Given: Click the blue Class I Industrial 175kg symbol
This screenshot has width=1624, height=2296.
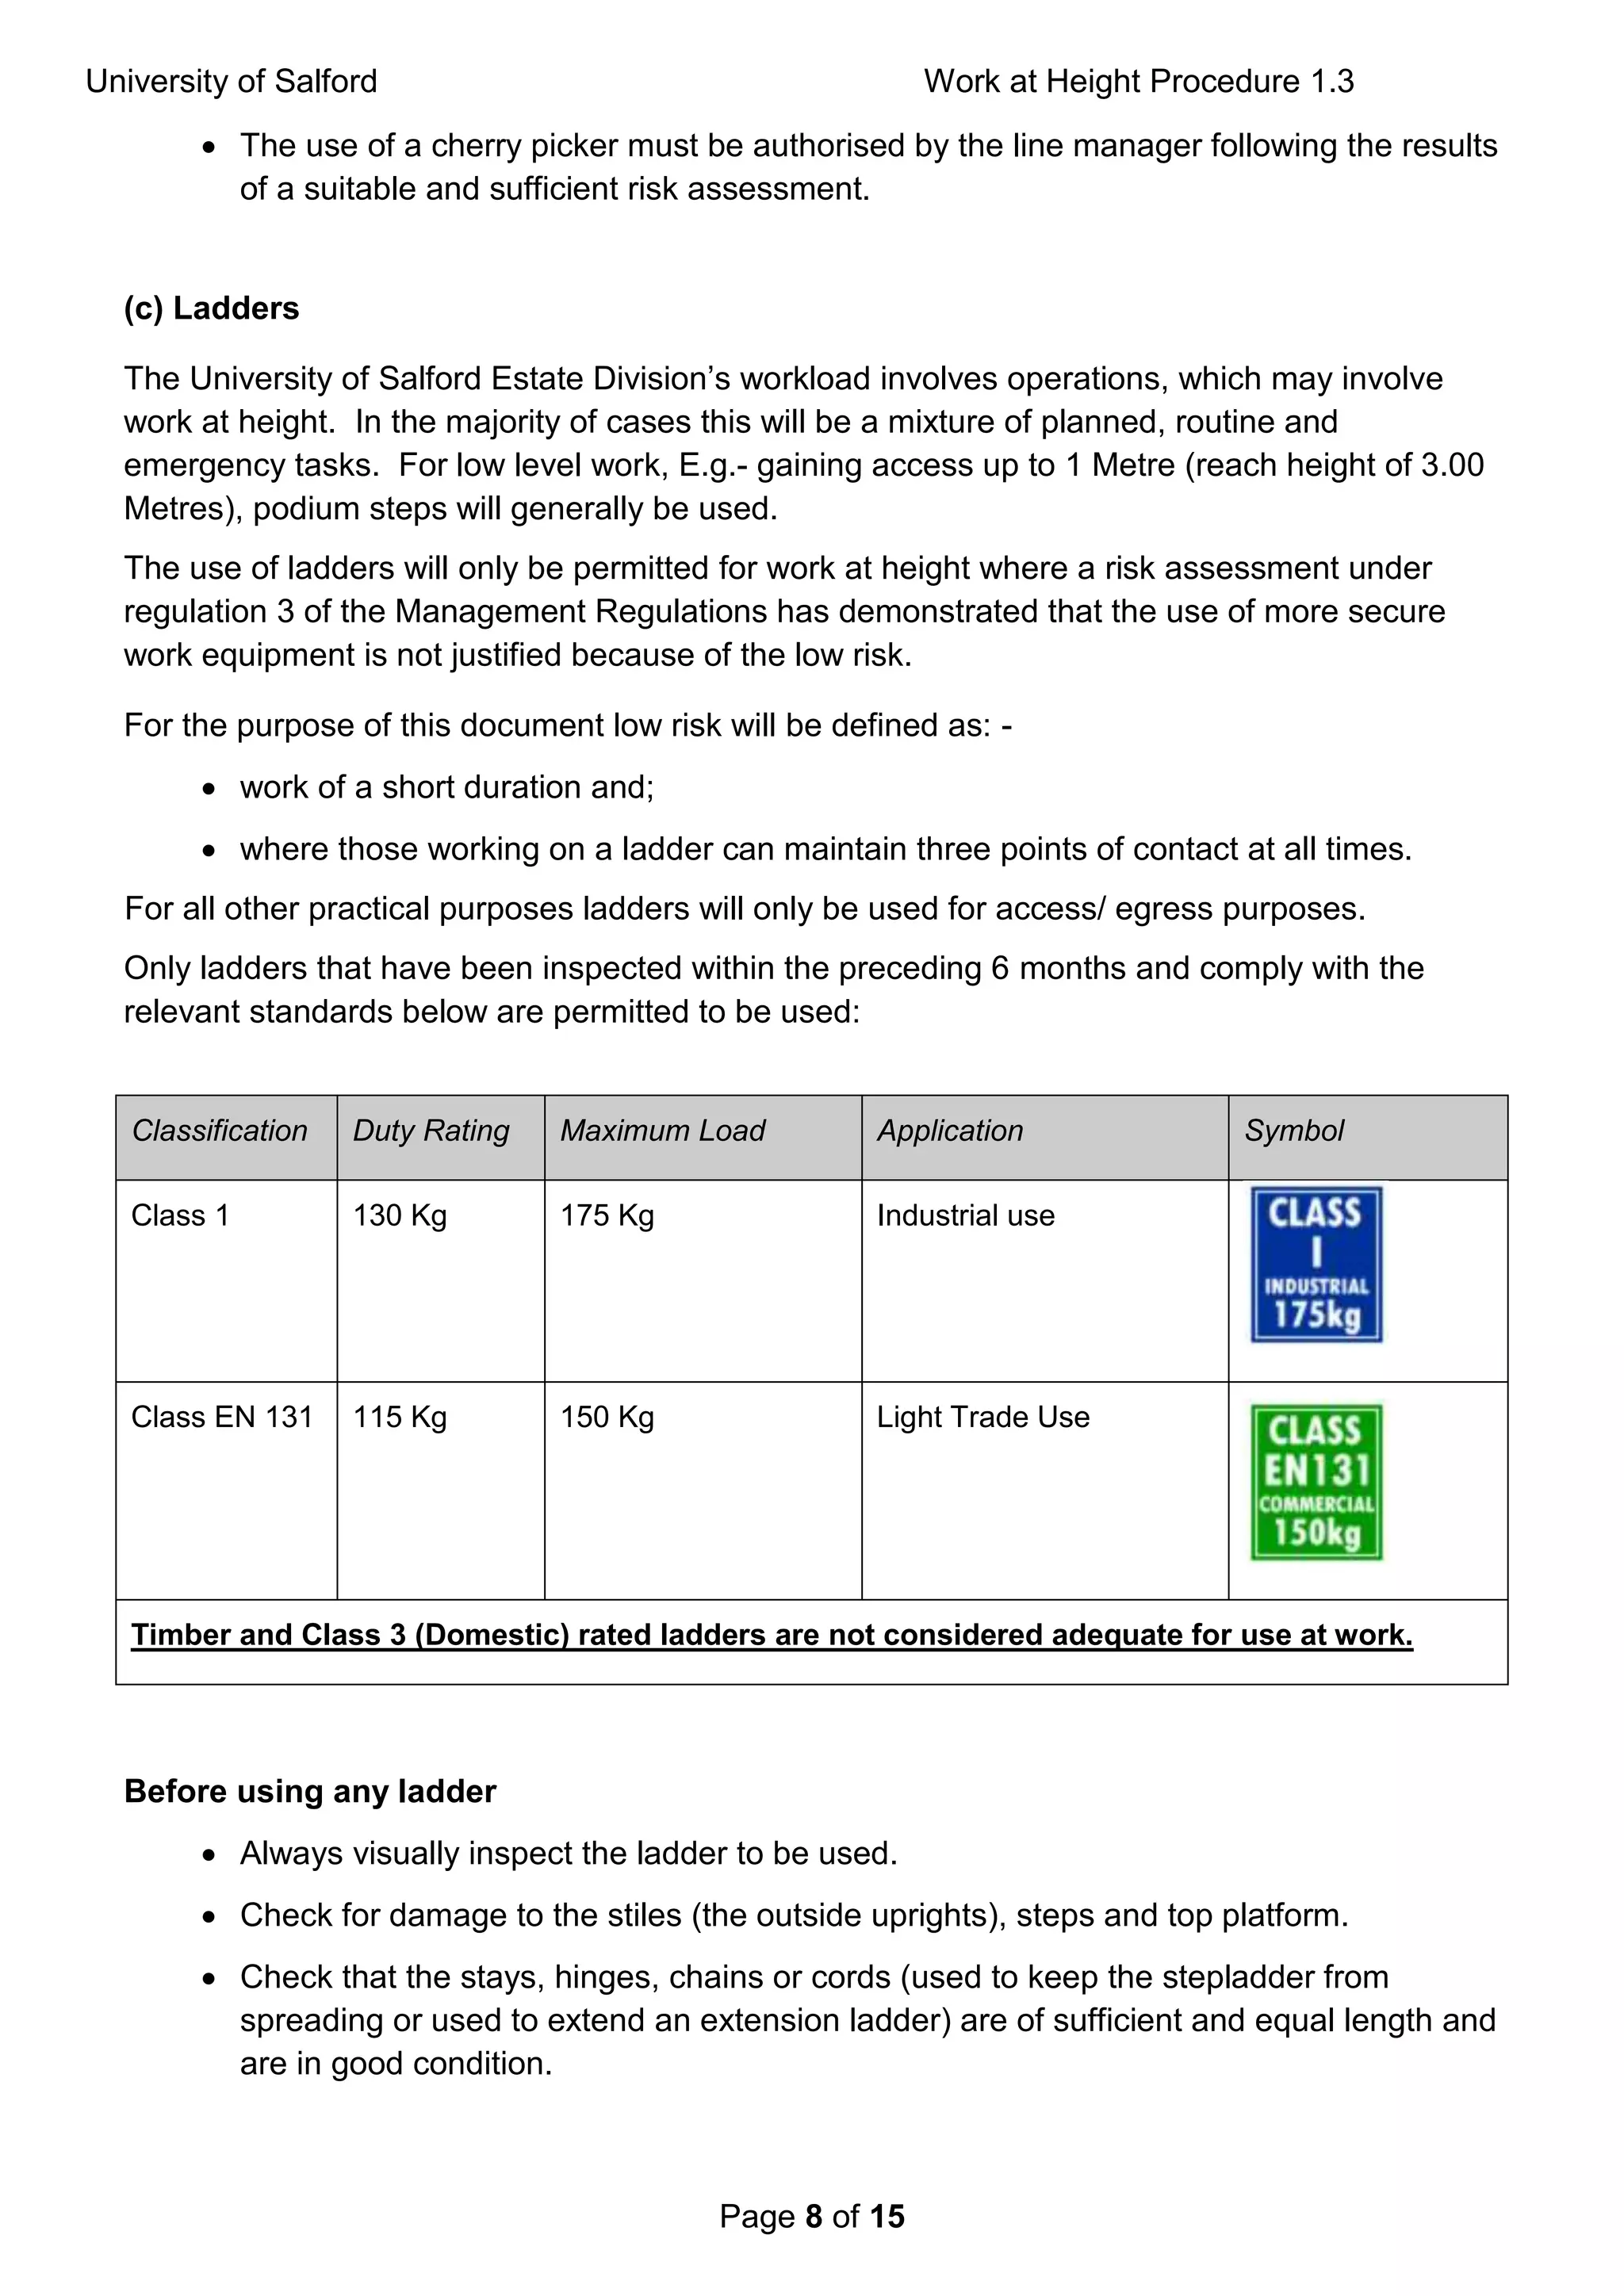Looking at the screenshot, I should pyautogui.click(x=1316, y=1264).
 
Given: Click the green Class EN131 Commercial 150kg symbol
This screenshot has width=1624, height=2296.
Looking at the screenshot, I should pyautogui.click(x=1316, y=1482).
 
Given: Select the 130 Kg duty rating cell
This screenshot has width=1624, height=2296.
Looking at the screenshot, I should pyautogui.click(x=399, y=1215).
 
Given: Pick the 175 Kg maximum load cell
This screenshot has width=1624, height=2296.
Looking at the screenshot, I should pyautogui.click(x=607, y=1215).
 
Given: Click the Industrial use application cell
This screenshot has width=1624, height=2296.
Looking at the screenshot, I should pyautogui.click(x=965, y=1215).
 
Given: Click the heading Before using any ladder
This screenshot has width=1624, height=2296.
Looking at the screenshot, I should pyautogui.click(x=310, y=1791).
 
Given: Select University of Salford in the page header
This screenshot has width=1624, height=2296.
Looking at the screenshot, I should pyautogui.click(x=231, y=81).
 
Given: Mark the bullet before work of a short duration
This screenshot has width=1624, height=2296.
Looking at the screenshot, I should pyautogui.click(x=208, y=789).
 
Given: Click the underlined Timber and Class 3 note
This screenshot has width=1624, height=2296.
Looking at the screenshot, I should pyautogui.click(x=771, y=1635).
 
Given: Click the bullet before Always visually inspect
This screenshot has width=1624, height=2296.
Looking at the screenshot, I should pyautogui.click(x=208, y=1855).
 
